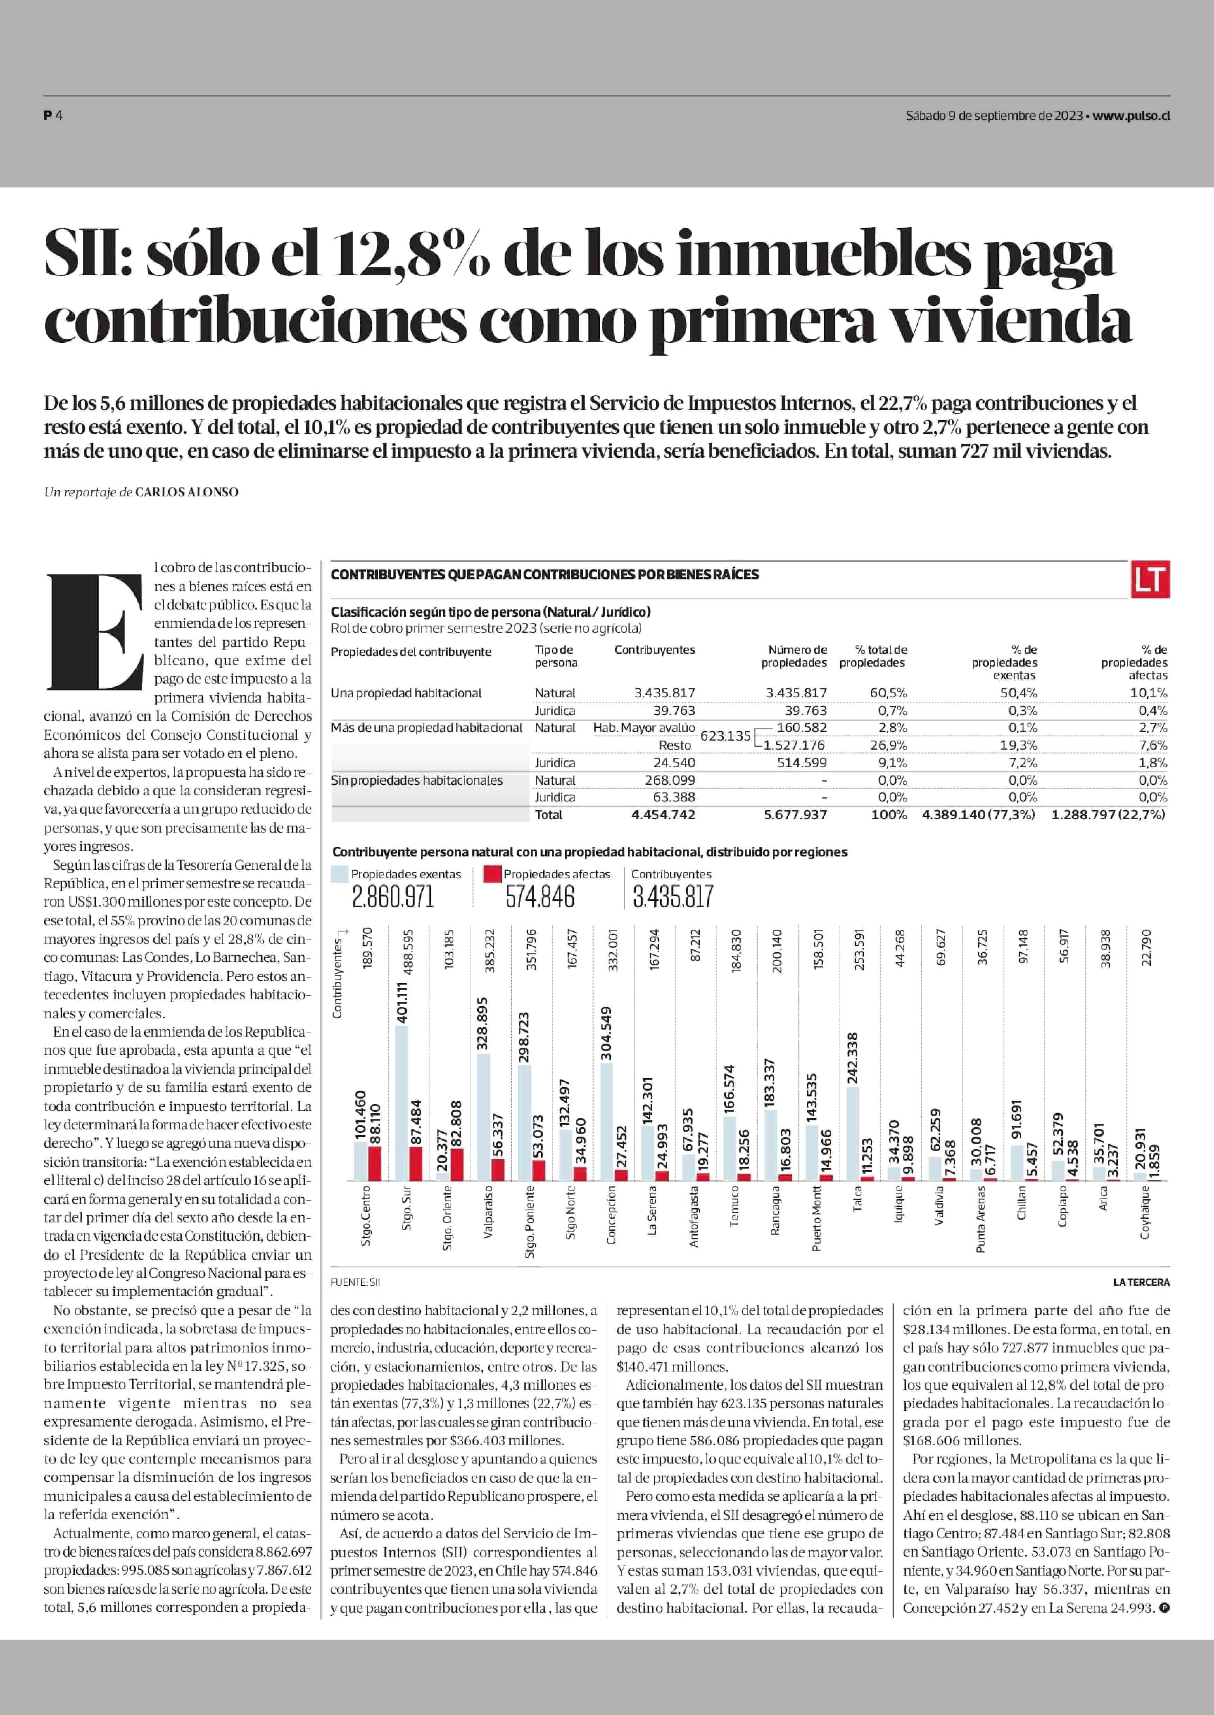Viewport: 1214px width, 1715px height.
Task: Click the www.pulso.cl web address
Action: (x=1131, y=116)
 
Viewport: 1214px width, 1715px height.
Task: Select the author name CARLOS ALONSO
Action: (x=187, y=492)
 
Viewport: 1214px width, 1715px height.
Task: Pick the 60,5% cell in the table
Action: (x=888, y=693)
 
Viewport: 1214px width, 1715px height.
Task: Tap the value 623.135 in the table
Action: (x=725, y=736)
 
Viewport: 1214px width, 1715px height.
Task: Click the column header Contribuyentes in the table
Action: (x=655, y=649)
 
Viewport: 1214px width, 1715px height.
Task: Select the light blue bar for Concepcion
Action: (x=606, y=1121)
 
